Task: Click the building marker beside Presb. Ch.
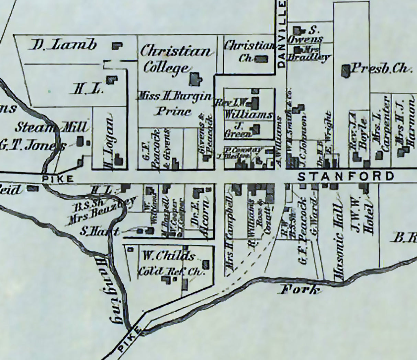(345, 70)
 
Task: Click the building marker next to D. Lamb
(117, 46)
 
